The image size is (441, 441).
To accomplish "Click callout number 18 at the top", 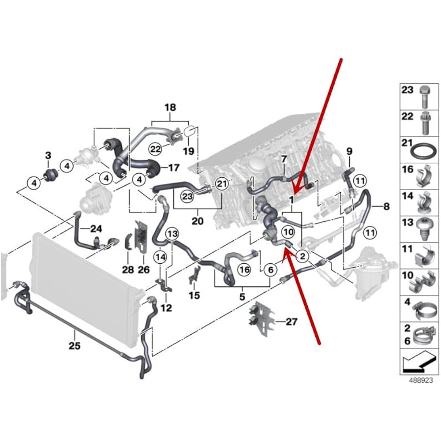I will (170, 107).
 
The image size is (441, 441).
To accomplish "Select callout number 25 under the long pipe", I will (75, 345).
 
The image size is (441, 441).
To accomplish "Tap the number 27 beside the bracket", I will (292, 322).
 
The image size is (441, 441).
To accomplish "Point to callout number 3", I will (49, 155).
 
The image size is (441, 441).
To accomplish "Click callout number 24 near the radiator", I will (96, 228).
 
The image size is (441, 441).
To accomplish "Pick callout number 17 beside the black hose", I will (173, 168).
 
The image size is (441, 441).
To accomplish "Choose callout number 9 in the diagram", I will (349, 151).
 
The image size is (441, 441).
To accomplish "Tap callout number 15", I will (194, 295).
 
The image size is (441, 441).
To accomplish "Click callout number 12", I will (166, 308).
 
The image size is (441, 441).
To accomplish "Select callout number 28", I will (128, 269).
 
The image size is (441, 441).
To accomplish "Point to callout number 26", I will (144, 269).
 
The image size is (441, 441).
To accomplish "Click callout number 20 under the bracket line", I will (198, 220).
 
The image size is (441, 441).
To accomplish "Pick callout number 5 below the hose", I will (242, 297).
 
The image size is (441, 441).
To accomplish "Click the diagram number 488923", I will (416, 378).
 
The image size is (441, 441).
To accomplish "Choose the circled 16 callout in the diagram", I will (244, 269).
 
